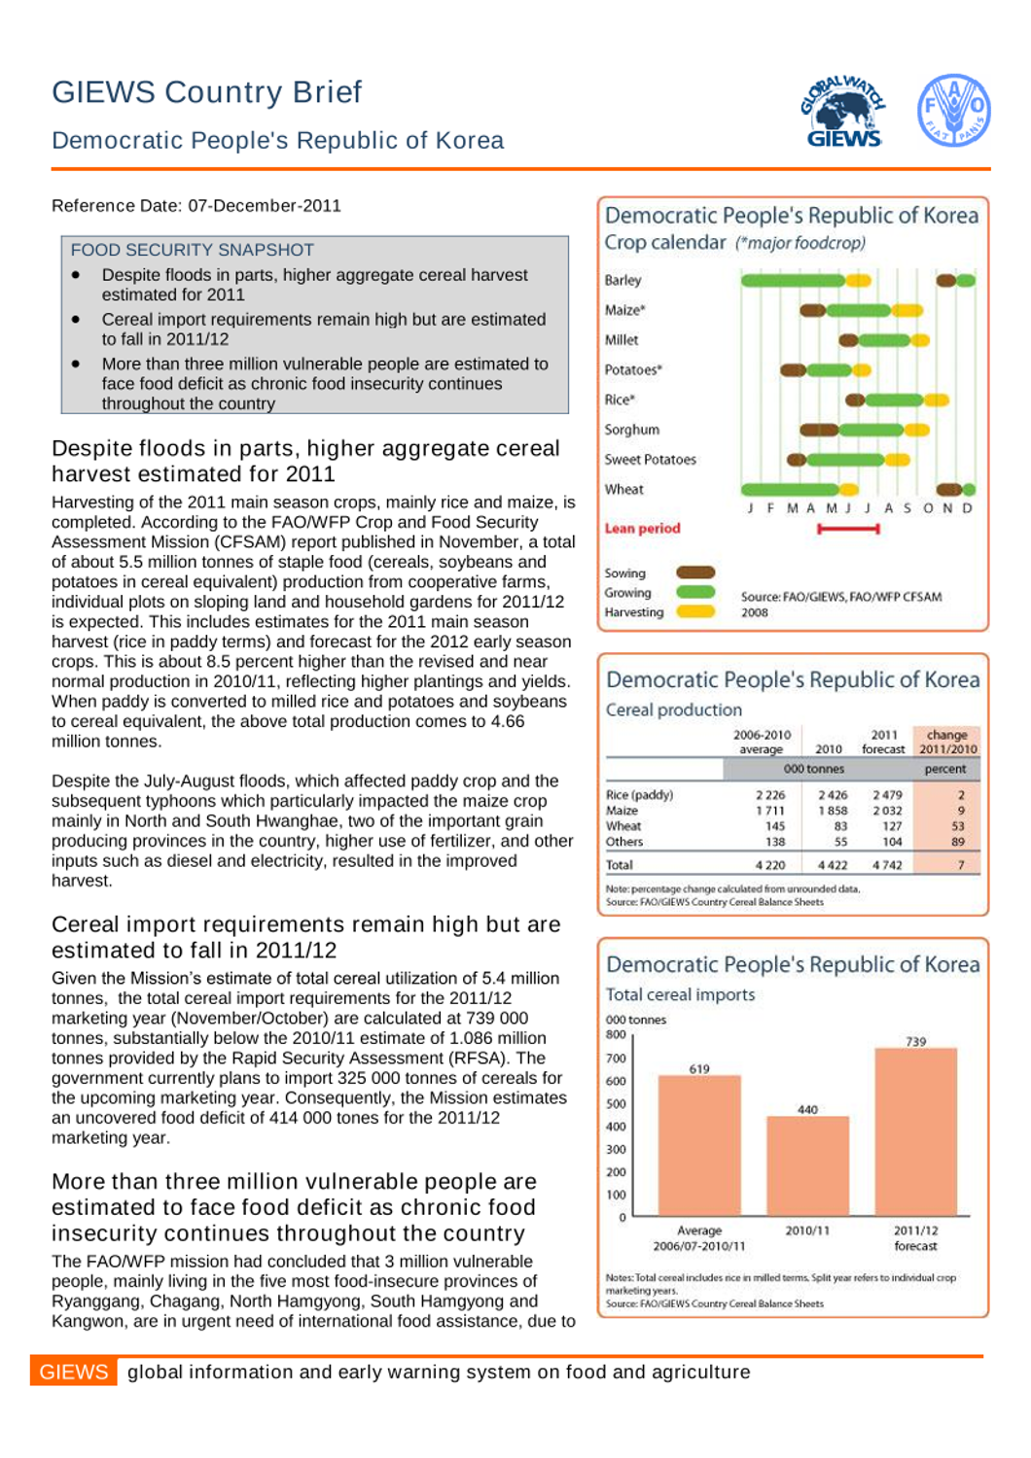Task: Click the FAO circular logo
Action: tap(953, 110)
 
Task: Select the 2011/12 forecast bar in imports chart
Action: tap(915, 1132)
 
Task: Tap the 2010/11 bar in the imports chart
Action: tap(807, 1166)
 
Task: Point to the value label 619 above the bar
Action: tap(699, 1069)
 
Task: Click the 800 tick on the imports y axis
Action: tap(616, 1035)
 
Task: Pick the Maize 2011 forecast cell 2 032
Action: tap(886, 811)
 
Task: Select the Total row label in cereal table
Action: tap(620, 865)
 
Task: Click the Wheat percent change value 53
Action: tap(958, 826)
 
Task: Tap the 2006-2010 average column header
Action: tap(762, 742)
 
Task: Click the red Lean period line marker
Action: tap(848, 529)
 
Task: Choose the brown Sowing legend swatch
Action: tap(695, 573)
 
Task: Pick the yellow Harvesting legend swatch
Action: tap(695, 611)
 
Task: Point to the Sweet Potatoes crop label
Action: tap(650, 460)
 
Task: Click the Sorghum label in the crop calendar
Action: tap(631, 430)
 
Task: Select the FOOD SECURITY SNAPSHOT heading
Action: tap(193, 250)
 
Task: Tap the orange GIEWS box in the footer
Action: tap(74, 1371)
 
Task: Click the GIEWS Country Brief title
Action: tap(206, 92)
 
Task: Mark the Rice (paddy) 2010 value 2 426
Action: tap(832, 795)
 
